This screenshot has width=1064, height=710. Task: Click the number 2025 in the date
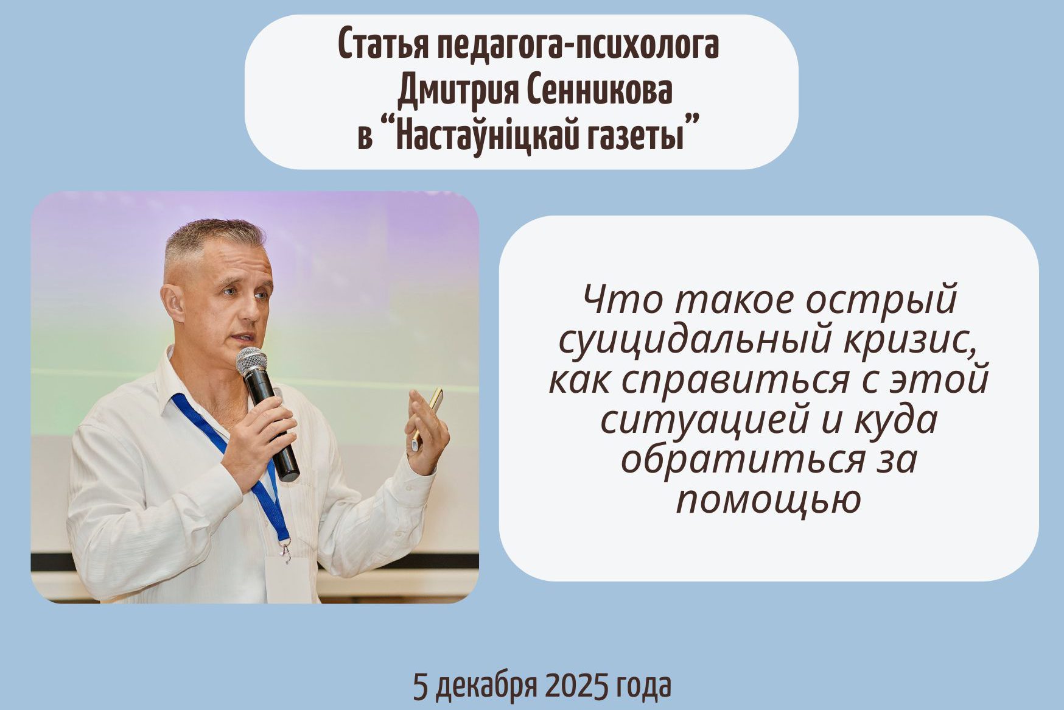coord(577,687)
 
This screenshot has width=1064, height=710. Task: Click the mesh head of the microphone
coord(251,362)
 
